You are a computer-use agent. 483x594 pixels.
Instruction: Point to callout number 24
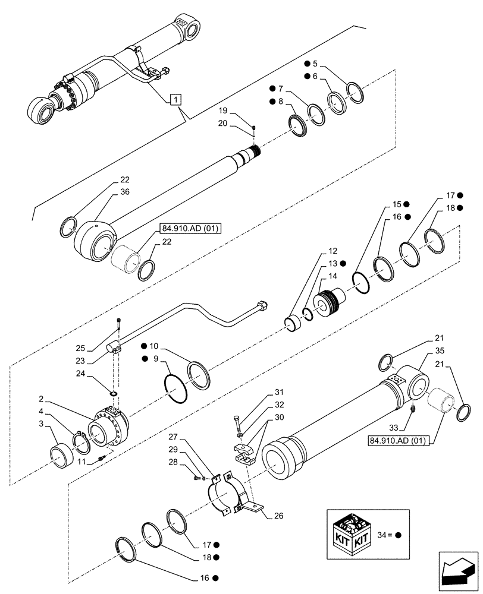[x=98, y=374]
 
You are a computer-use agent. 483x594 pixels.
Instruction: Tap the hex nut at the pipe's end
[x=262, y=307]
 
